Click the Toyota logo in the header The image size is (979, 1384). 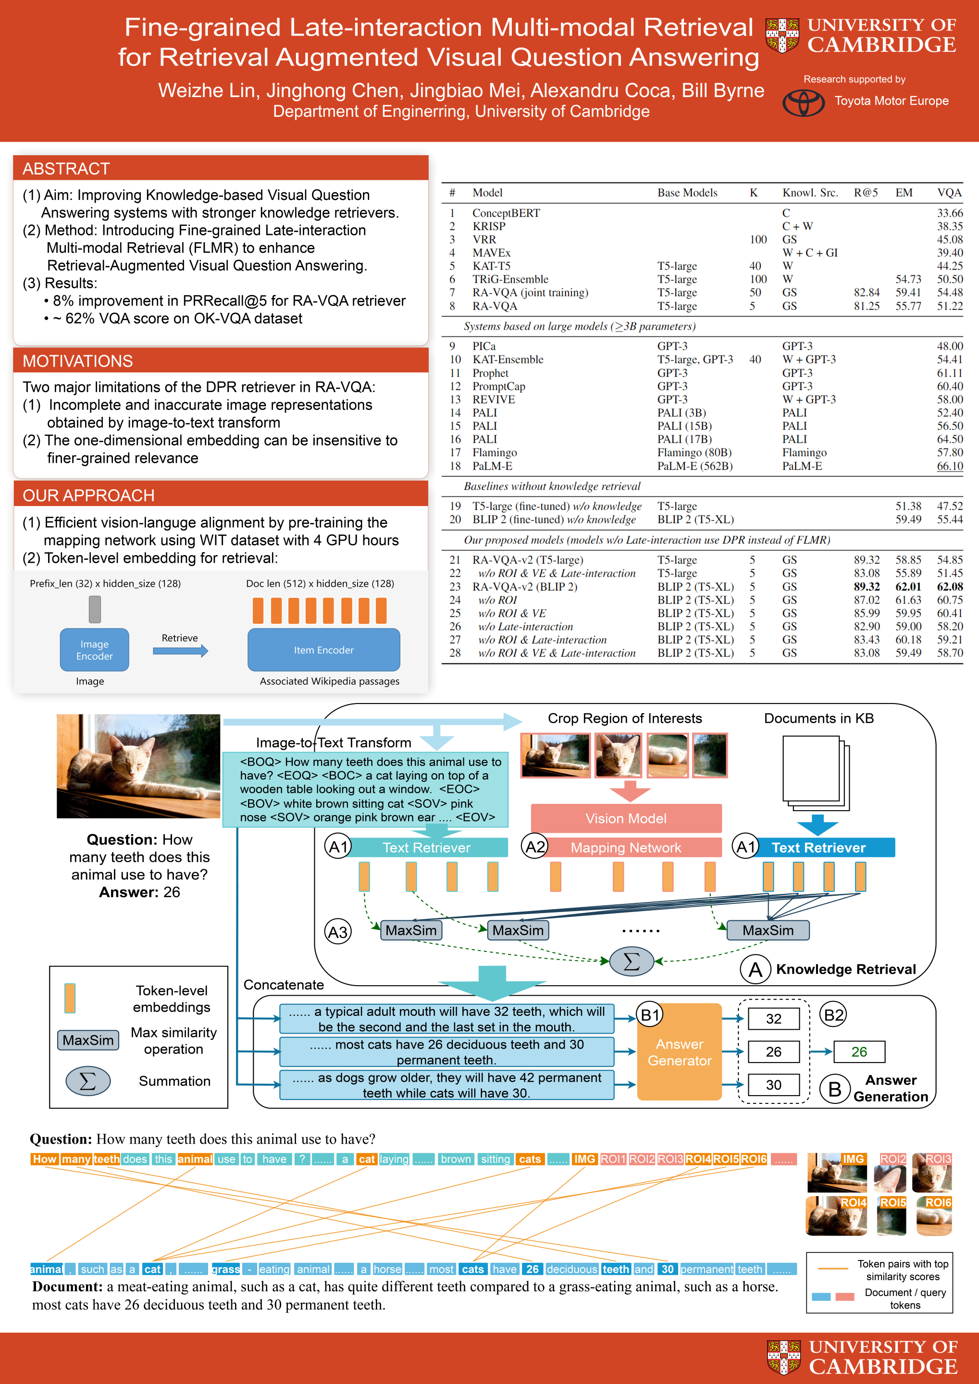tap(803, 102)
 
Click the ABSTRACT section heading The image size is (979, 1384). tap(66, 169)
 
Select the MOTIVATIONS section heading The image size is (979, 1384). tap(78, 361)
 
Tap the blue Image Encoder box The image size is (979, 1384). tap(95, 650)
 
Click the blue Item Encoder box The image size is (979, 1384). tap(324, 650)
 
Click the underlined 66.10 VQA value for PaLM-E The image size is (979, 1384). tap(950, 466)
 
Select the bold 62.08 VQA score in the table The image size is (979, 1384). tap(950, 586)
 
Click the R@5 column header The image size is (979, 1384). tap(866, 193)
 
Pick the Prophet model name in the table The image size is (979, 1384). tap(490, 373)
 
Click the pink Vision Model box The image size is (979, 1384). tap(626, 818)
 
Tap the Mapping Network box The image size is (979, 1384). tap(626, 848)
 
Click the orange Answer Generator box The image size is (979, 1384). tap(680, 1052)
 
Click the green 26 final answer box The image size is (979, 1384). tap(859, 1052)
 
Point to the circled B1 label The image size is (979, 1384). tap(650, 1015)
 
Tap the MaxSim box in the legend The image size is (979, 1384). tap(88, 1040)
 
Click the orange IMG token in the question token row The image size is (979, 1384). tap(584, 1159)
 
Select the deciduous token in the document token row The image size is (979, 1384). tap(572, 1269)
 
